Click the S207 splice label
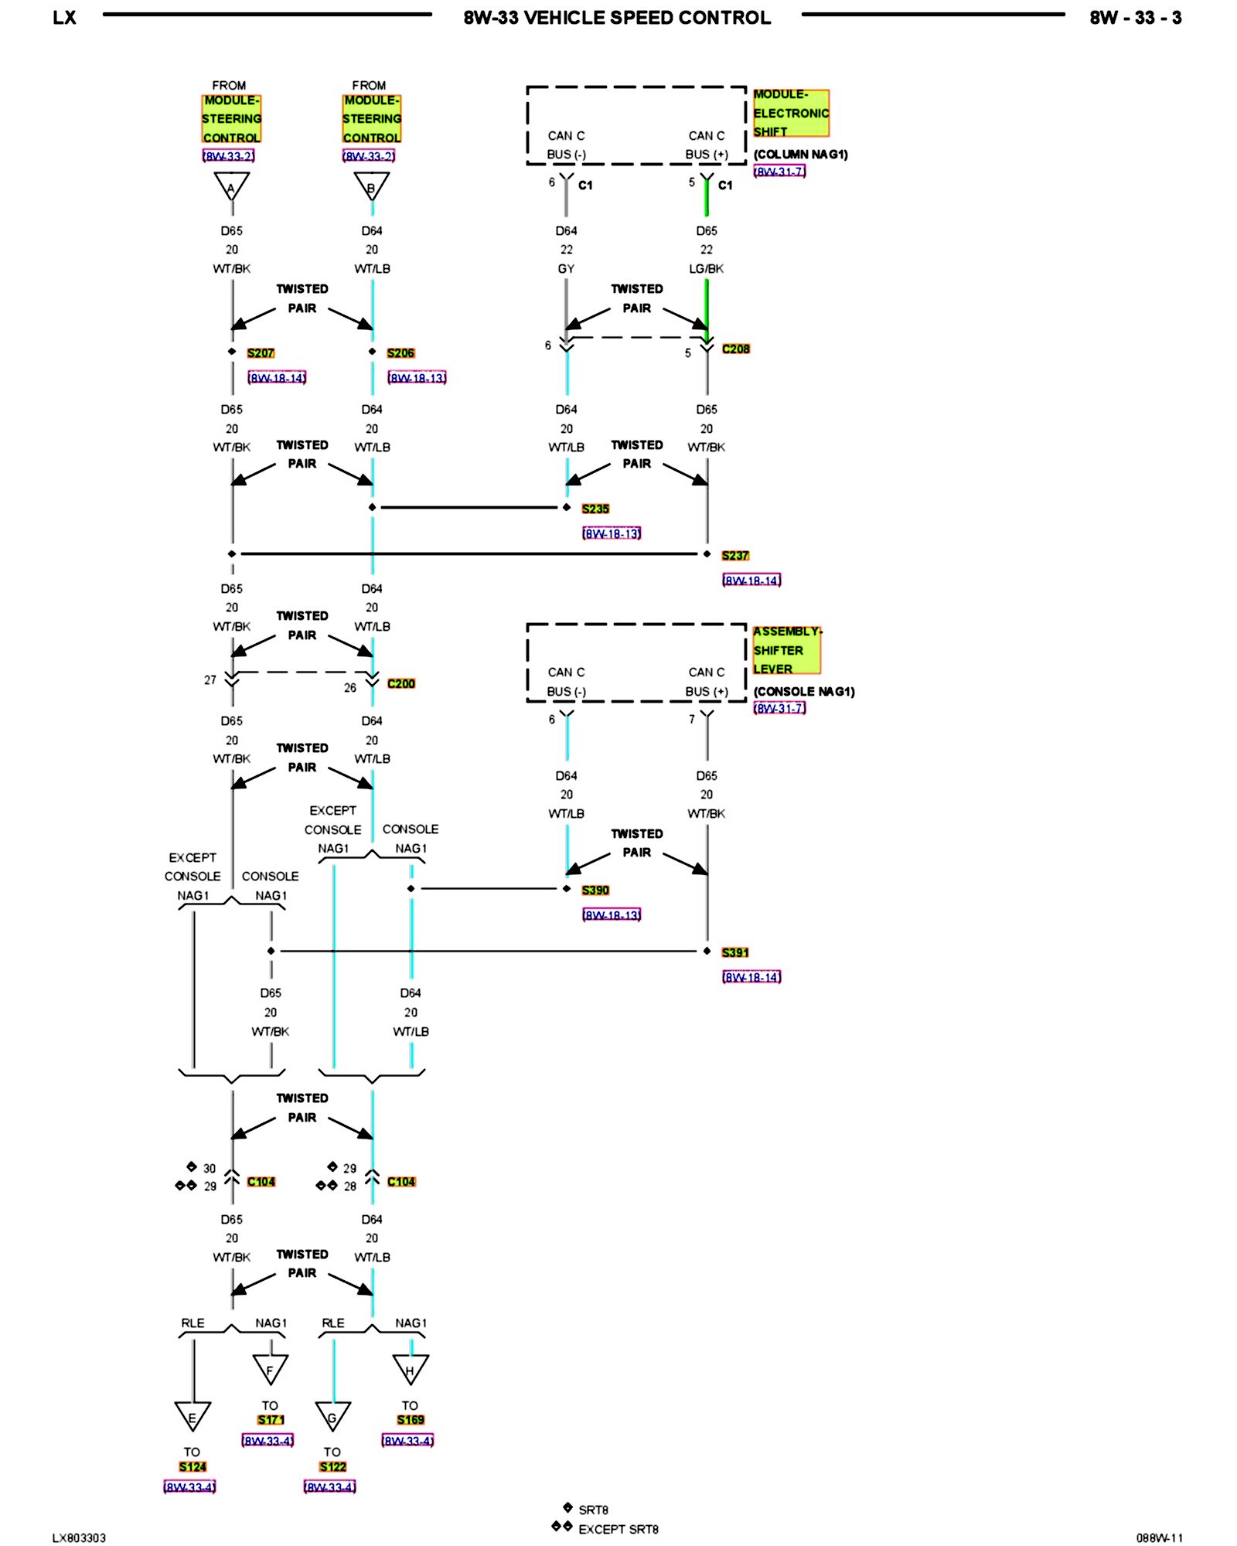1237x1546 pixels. pyautogui.click(x=261, y=353)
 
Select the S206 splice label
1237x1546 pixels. pyautogui.click(x=400, y=353)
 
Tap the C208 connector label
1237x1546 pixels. pyautogui.click(x=735, y=349)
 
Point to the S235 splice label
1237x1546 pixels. pyautogui.click(x=595, y=509)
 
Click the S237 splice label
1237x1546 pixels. pyautogui.click(x=735, y=556)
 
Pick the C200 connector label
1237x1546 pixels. pyautogui.click(x=400, y=683)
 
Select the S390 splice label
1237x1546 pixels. pyautogui.click(x=595, y=890)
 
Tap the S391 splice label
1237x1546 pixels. pyautogui.click(x=735, y=953)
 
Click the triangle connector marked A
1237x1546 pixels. pyautogui.click(x=231, y=186)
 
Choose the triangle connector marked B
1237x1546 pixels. pyautogui.click(x=371, y=186)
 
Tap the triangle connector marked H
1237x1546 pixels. pyautogui.click(x=410, y=1369)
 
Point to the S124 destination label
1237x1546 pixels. pyautogui.click(x=193, y=1467)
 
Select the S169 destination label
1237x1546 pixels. pyautogui.click(x=410, y=1420)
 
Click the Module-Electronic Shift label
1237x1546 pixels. pyautogui.click(x=790, y=113)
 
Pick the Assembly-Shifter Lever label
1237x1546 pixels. pyautogui.click(x=785, y=650)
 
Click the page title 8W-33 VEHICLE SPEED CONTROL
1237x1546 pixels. pyautogui.click(x=617, y=18)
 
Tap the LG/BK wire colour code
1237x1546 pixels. pyautogui.click(x=706, y=269)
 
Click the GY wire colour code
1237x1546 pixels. pyautogui.click(x=566, y=269)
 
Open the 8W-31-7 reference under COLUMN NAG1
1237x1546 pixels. pyautogui.click(x=779, y=172)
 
